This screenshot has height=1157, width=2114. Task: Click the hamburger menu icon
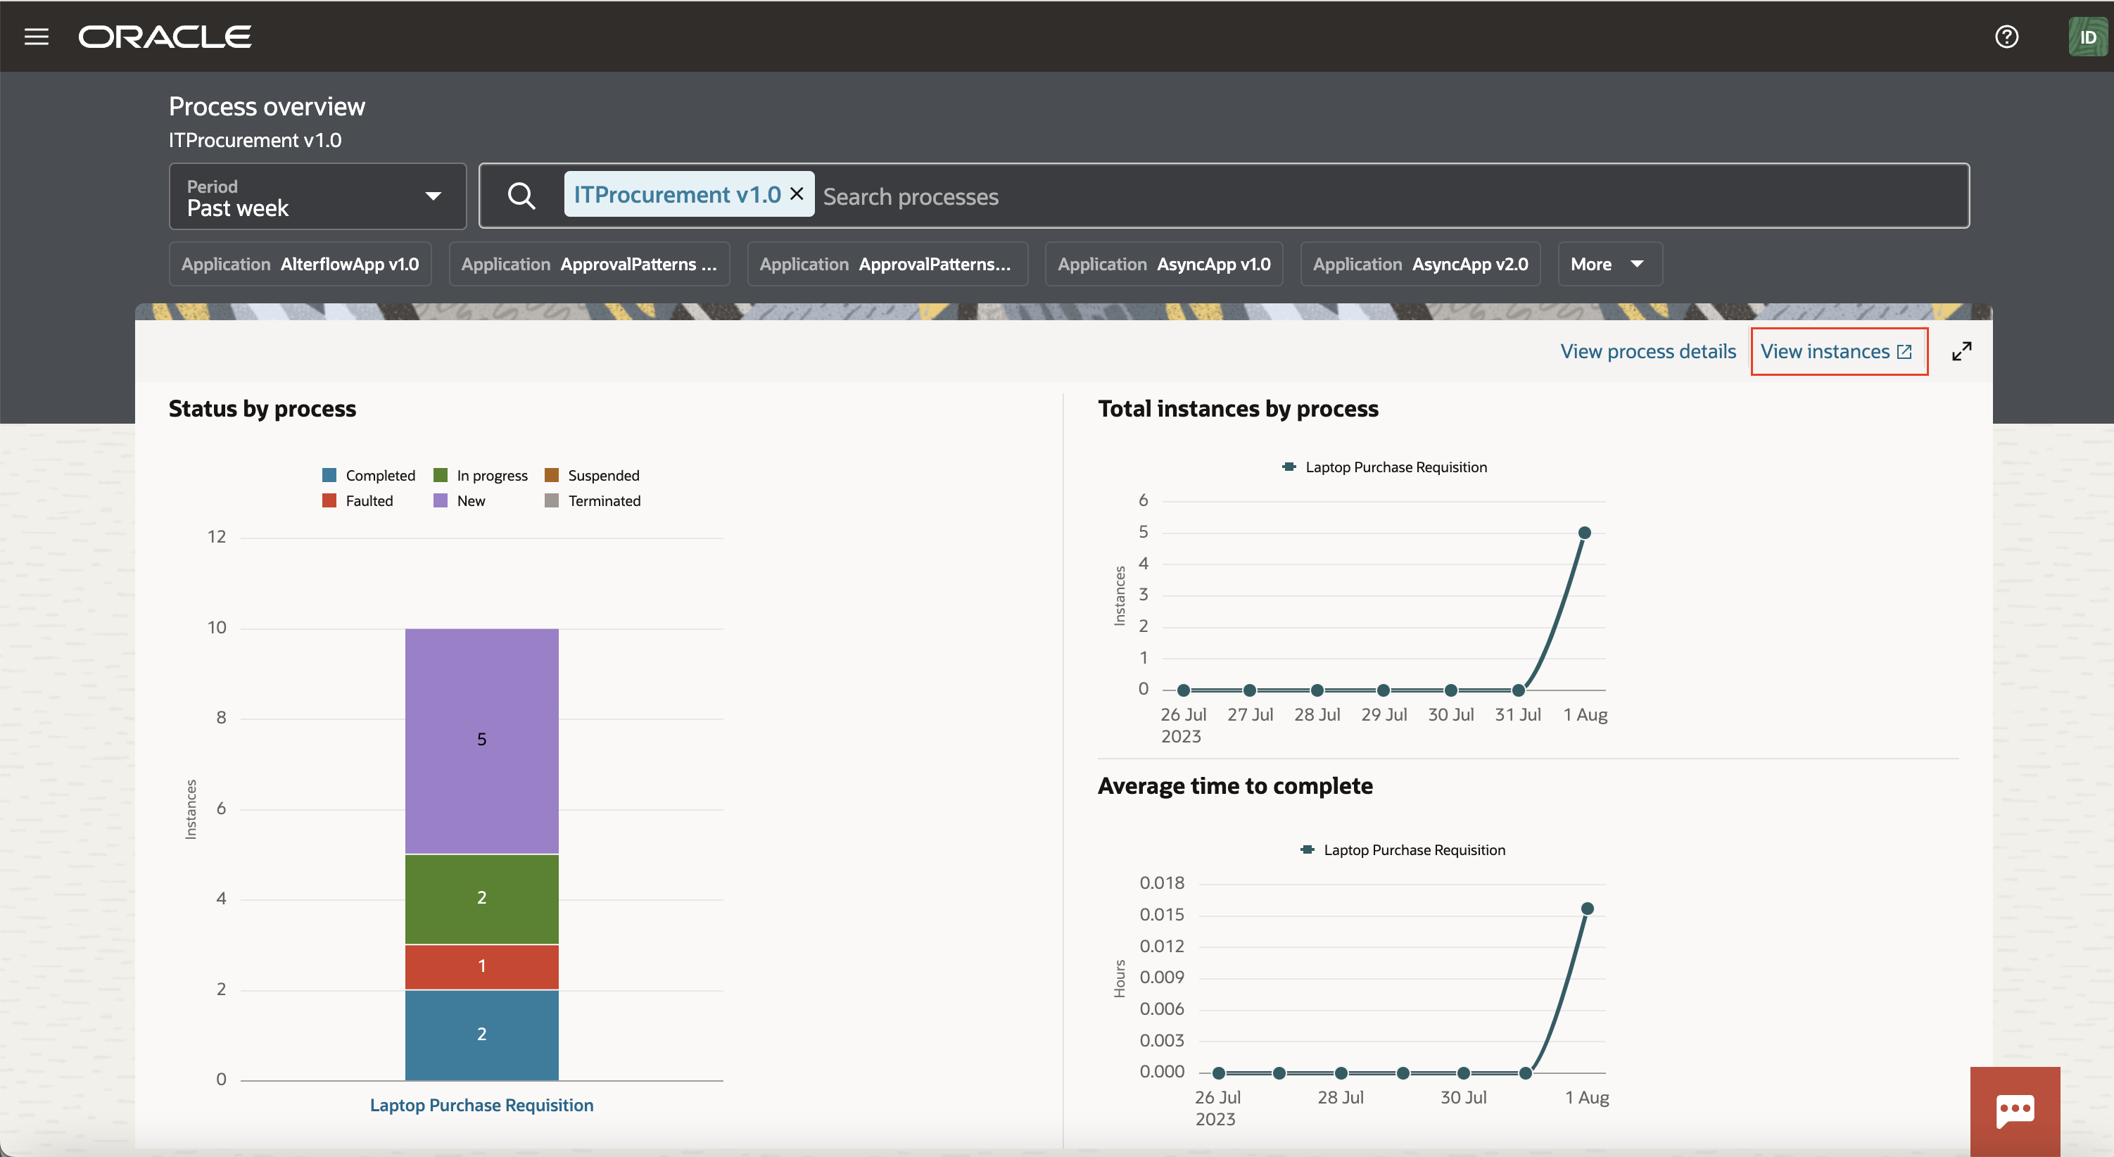pos(36,37)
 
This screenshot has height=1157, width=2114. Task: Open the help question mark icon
pos(2006,37)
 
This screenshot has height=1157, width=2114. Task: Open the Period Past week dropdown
pos(317,197)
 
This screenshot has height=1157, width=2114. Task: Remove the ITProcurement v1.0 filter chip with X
pos(796,194)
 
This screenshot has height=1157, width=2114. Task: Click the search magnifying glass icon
pos(521,196)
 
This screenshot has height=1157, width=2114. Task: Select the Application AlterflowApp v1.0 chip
pos(300,264)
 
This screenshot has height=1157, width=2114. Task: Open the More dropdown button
pos(1609,264)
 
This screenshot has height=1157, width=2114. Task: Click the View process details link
pos(1648,351)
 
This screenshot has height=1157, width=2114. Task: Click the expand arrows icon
pos(1961,351)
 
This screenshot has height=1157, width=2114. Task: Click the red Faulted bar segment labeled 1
pos(482,966)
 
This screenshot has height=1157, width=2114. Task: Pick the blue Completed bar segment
pos(482,1035)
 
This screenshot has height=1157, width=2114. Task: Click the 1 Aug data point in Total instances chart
pos(1585,533)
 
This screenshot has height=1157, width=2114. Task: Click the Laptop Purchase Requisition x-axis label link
pos(482,1106)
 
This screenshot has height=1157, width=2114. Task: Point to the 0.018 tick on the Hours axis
pos(1161,883)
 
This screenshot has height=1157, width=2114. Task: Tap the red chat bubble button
pos(2015,1111)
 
